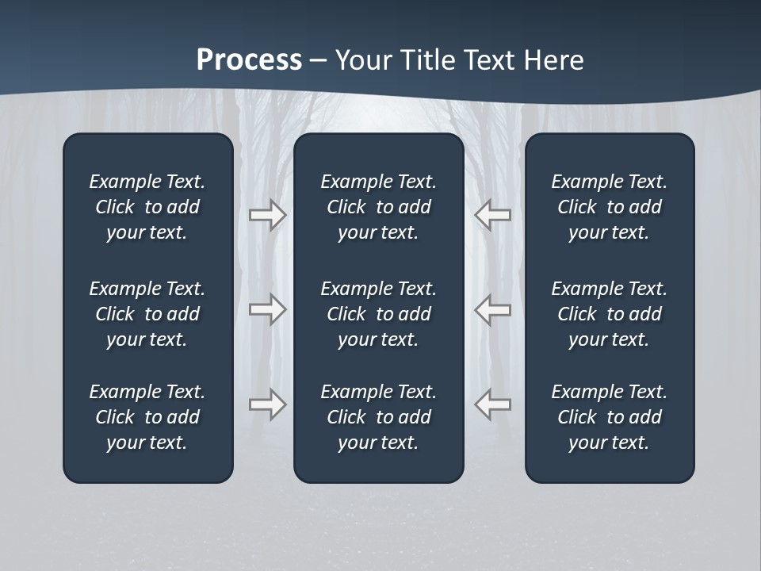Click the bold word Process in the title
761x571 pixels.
(x=249, y=60)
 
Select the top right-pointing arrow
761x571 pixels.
(x=267, y=215)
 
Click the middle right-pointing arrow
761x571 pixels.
(x=267, y=309)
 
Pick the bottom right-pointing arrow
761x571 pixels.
(x=267, y=404)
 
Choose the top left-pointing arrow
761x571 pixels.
(x=493, y=215)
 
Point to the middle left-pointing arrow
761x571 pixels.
(x=493, y=309)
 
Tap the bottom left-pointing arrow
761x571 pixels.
(x=493, y=404)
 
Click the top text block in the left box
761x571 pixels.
(x=147, y=207)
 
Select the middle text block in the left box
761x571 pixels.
(x=147, y=314)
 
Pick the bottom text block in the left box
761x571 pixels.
(x=147, y=417)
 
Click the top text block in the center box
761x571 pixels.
(x=378, y=207)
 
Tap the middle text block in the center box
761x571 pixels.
(x=378, y=314)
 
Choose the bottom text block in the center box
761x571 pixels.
(x=378, y=417)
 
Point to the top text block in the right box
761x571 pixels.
(x=609, y=207)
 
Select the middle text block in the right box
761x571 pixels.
(x=609, y=314)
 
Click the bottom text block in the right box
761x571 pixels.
(x=609, y=417)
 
